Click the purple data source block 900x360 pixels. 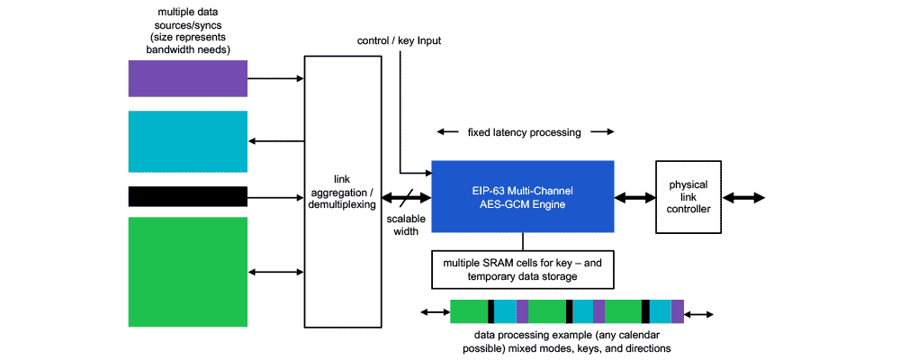(187, 78)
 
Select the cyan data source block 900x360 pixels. (187, 140)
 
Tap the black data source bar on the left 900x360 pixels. (187, 196)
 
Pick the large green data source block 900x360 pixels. (187, 271)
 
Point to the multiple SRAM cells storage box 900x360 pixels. (523, 269)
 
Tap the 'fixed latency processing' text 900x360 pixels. (525, 132)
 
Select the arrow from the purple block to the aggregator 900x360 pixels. (275, 78)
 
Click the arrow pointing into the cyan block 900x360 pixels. (275, 140)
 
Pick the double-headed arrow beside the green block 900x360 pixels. (275, 271)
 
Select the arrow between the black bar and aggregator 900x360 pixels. (275, 196)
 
